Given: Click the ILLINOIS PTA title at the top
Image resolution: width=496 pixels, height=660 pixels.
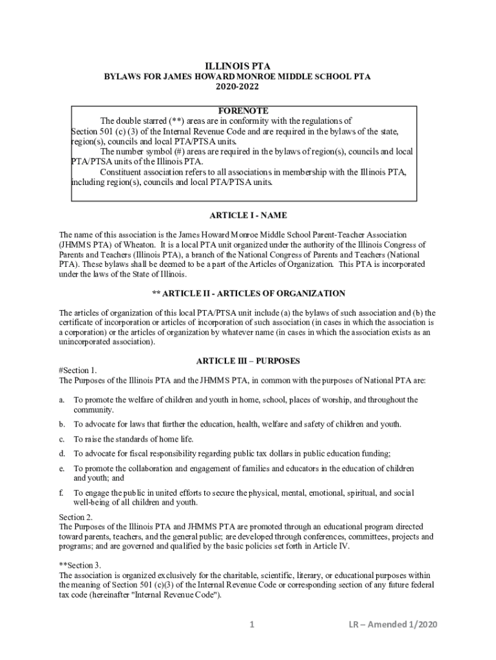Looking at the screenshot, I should (x=238, y=66).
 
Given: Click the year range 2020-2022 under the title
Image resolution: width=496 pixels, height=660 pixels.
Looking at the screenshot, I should (x=238, y=86).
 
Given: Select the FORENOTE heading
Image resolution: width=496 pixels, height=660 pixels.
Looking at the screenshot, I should (x=243, y=111).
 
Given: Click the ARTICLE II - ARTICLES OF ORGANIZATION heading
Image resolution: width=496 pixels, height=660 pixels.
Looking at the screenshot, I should (x=248, y=293).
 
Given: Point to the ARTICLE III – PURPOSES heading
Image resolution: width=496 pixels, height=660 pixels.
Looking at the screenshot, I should (x=248, y=361).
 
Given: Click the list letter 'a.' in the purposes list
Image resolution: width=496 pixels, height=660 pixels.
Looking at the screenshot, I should (x=62, y=400).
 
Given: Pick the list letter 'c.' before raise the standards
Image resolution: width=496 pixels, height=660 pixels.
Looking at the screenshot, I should (x=62, y=439).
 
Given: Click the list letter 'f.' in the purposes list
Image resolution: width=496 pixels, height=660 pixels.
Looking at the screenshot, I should (x=62, y=493).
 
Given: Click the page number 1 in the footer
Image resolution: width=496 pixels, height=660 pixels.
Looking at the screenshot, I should (x=253, y=625).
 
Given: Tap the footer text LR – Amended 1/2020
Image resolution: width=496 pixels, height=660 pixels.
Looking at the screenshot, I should (x=392, y=625).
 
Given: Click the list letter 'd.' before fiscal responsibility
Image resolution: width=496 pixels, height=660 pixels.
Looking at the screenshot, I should (x=62, y=454).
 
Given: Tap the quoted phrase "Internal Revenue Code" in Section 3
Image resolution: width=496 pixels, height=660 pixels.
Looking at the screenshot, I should (x=178, y=595).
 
